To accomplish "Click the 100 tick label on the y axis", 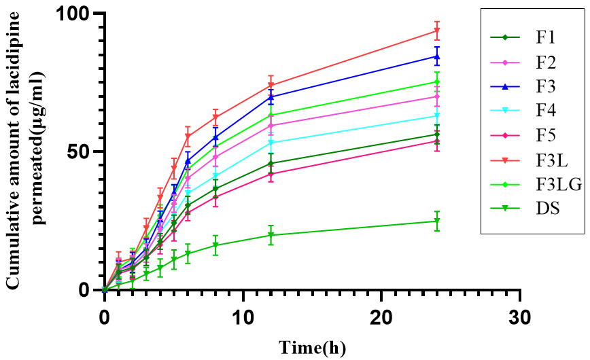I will pos(81,14).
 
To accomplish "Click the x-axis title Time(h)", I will pos(312,347).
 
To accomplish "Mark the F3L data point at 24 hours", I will pos(437,31).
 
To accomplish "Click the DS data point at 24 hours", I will pos(437,221).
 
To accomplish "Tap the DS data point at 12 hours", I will pos(271,235).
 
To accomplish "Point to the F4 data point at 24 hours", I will pos(437,115).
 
